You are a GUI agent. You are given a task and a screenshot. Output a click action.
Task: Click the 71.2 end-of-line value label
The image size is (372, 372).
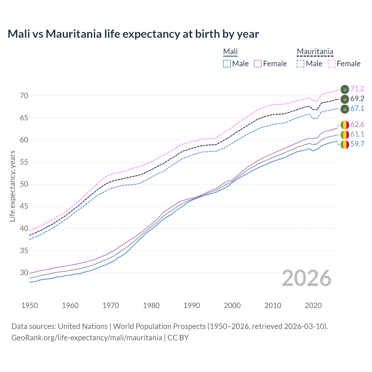(x=357, y=89)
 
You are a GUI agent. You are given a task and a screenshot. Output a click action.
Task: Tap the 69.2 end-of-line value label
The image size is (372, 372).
(x=357, y=99)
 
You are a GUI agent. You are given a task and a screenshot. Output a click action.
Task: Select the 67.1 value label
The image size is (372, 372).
(x=357, y=109)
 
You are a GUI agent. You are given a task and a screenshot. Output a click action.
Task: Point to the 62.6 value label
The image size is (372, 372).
(x=357, y=125)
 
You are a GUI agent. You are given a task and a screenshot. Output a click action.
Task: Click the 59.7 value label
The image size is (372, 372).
(x=357, y=144)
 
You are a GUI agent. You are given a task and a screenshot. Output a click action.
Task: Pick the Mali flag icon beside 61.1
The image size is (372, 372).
(x=345, y=135)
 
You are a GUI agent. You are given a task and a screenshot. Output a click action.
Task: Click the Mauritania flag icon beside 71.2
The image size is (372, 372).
(x=345, y=89)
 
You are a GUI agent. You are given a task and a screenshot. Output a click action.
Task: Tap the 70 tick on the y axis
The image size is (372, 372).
(x=24, y=96)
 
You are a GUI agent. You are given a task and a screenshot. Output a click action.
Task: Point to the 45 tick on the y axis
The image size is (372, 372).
(x=24, y=206)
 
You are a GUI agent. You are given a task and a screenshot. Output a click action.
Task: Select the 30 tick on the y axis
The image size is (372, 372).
(x=24, y=273)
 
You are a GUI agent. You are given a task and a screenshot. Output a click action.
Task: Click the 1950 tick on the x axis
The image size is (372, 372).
(x=30, y=305)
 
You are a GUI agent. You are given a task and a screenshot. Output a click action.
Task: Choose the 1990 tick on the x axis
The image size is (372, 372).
(x=192, y=305)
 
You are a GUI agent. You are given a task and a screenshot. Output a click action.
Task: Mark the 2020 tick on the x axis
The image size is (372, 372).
(x=313, y=305)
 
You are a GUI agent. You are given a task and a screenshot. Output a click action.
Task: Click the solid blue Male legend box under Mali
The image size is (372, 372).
(x=227, y=64)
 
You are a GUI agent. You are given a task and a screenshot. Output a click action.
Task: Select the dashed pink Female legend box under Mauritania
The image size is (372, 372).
(x=332, y=64)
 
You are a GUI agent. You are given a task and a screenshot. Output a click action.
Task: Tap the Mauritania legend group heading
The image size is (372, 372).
(x=315, y=52)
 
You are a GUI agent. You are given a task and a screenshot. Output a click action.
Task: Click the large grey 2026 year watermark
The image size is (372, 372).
(x=307, y=278)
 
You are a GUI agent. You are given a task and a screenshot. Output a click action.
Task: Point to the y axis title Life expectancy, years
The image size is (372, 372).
(x=12, y=186)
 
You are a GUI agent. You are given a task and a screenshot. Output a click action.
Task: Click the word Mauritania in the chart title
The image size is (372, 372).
(x=74, y=34)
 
